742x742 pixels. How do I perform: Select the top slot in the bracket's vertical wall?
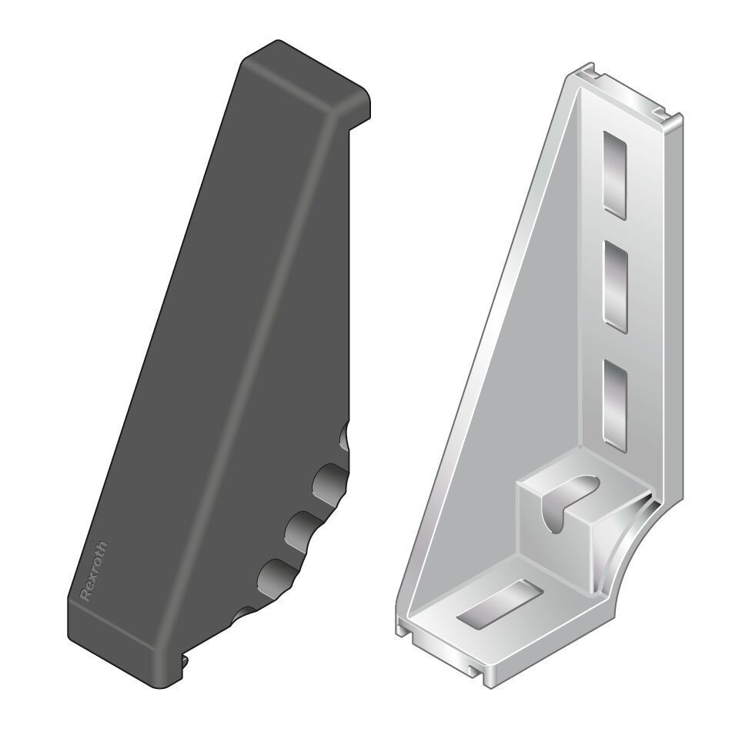[x=615, y=173]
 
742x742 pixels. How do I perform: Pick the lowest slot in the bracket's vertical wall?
[x=616, y=404]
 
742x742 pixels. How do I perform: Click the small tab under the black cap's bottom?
[x=185, y=658]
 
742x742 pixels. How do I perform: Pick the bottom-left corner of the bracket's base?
[x=403, y=627]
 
